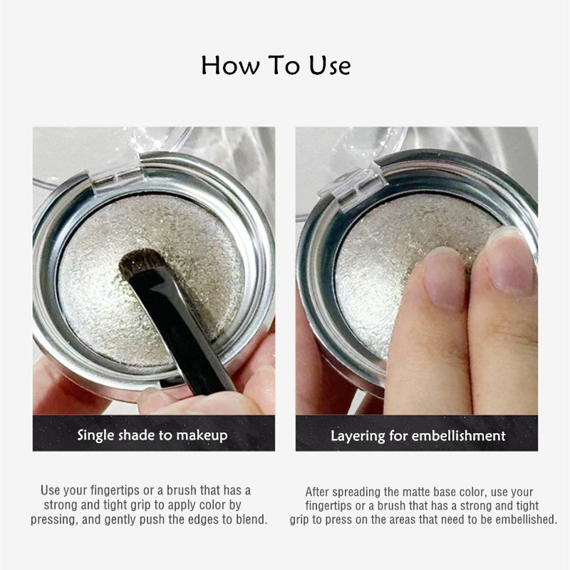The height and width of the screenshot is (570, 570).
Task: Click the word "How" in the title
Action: pyautogui.click(x=230, y=66)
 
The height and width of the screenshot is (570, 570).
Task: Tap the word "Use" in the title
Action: pyautogui.click(x=330, y=66)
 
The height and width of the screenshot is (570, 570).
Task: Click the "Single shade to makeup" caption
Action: pyautogui.click(x=152, y=435)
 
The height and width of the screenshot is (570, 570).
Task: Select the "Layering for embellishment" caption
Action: pyautogui.click(x=418, y=436)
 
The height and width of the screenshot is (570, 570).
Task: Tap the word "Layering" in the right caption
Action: pyautogui.click(x=358, y=436)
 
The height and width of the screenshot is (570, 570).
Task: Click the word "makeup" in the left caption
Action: pyautogui.click(x=202, y=436)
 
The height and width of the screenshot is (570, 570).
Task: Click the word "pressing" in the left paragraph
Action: pyautogui.click(x=54, y=519)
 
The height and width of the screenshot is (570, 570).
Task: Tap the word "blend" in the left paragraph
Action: pyautogui.click(x=252, y=519)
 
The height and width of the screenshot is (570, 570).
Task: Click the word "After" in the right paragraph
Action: pyautogui.click(x=317, y=492)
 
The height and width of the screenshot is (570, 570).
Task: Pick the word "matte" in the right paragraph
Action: pyautogui.click(x=414, y=492)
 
